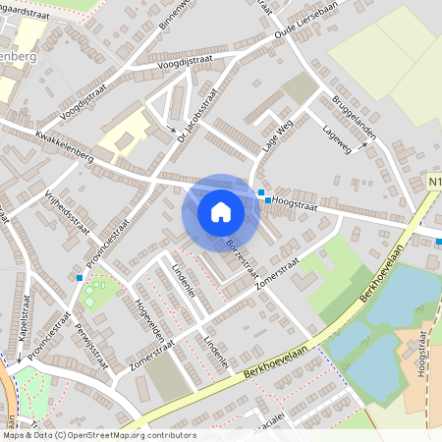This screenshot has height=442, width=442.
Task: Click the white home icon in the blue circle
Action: (x=220, y=211)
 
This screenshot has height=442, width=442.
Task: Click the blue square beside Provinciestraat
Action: (x=80, y=278)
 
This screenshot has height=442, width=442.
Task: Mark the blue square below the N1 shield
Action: (x=438, y=242)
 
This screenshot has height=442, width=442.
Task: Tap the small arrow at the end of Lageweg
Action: (x=364, y=143)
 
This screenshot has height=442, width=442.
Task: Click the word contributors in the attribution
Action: (x=169, y=434)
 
